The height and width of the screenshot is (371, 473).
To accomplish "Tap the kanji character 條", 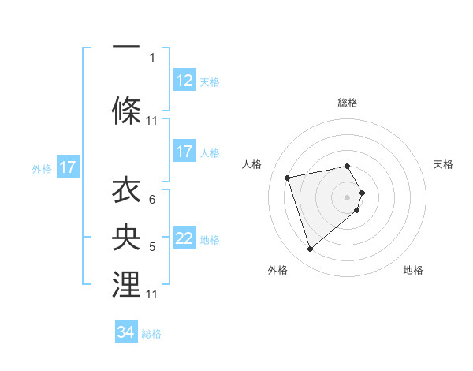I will [x=126, y=111].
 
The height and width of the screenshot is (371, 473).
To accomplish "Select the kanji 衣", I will [x=126, y=192].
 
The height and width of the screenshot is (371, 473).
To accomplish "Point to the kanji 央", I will [x=126, y=238].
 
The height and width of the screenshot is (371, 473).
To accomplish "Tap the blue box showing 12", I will [x=184, y=81].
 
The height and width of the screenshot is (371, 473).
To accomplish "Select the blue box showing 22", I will [x=184, y=239].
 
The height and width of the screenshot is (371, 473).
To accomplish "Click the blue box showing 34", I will [x=126, y=333].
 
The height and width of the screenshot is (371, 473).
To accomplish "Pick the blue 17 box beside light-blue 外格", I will [x=67, y=167].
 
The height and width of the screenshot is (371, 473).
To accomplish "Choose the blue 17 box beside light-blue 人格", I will [x=184, y=152].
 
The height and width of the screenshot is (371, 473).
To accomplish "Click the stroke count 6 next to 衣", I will [x=152, y=199].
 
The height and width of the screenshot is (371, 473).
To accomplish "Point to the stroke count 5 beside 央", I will [x=152, y=247].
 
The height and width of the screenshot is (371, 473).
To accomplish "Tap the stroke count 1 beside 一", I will [x=152, y=57].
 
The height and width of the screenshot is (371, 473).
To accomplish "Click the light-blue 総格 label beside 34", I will [x=151, y=334].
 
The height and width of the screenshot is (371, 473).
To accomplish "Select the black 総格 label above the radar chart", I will [x=348, y=103].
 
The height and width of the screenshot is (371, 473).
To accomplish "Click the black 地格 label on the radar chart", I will [x=413, y=270].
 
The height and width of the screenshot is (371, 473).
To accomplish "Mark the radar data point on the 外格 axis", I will [x=310, y=249].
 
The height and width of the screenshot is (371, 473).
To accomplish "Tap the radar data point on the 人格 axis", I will [x=288, y=177].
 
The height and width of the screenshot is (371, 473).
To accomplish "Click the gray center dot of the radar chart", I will [x=348, y=196].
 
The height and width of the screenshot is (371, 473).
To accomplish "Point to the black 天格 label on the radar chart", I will [x=443, y=164].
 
